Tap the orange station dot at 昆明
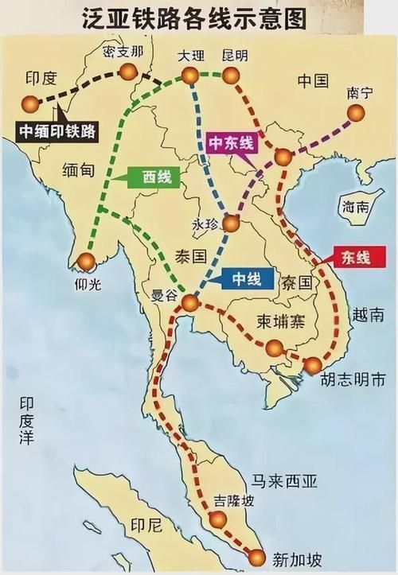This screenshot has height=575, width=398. pos(230,76)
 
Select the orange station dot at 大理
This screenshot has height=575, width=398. pos(189,76)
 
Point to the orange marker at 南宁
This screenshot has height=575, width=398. pos(355,114)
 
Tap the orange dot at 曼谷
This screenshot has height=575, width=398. pos(189,302)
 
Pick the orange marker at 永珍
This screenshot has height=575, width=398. pos(230,224)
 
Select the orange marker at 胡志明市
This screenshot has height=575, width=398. pos(313,365)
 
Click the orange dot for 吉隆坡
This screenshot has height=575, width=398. pos(216,519)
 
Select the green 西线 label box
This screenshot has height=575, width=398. pos(150,178)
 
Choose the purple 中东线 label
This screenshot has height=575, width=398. pos(230,142)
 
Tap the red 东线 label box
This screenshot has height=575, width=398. pos(356,257)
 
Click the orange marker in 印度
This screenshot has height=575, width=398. pos(30,103)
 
